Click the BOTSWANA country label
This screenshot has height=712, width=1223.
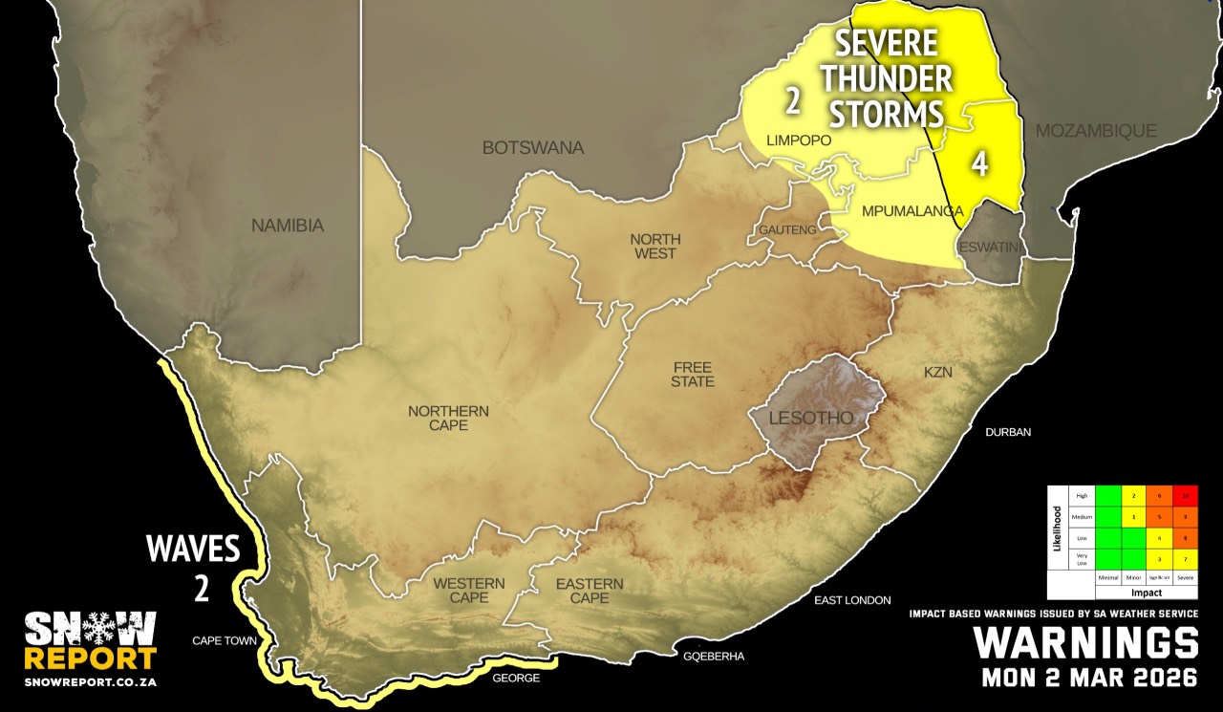[533, 148]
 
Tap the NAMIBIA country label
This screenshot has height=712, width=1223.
[288, 227]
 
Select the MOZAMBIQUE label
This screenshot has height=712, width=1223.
[1097, 131]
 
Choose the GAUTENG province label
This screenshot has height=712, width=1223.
[788, 230]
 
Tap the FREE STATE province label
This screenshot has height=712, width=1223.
[693, 375]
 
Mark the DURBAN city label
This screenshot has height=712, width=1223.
[1009, 432]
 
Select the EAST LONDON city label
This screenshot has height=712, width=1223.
[851, 600]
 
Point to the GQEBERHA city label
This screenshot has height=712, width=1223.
[714, 657]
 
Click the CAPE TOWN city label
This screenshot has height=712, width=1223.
[225, 640]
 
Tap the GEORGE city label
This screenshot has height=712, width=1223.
[516, 678]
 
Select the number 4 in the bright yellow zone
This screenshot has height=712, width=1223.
[979, 164]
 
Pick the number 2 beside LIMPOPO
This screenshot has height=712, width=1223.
[792, 99]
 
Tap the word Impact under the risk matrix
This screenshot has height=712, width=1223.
[1146, 593]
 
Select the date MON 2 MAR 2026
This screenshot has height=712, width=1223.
[1090, 679]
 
